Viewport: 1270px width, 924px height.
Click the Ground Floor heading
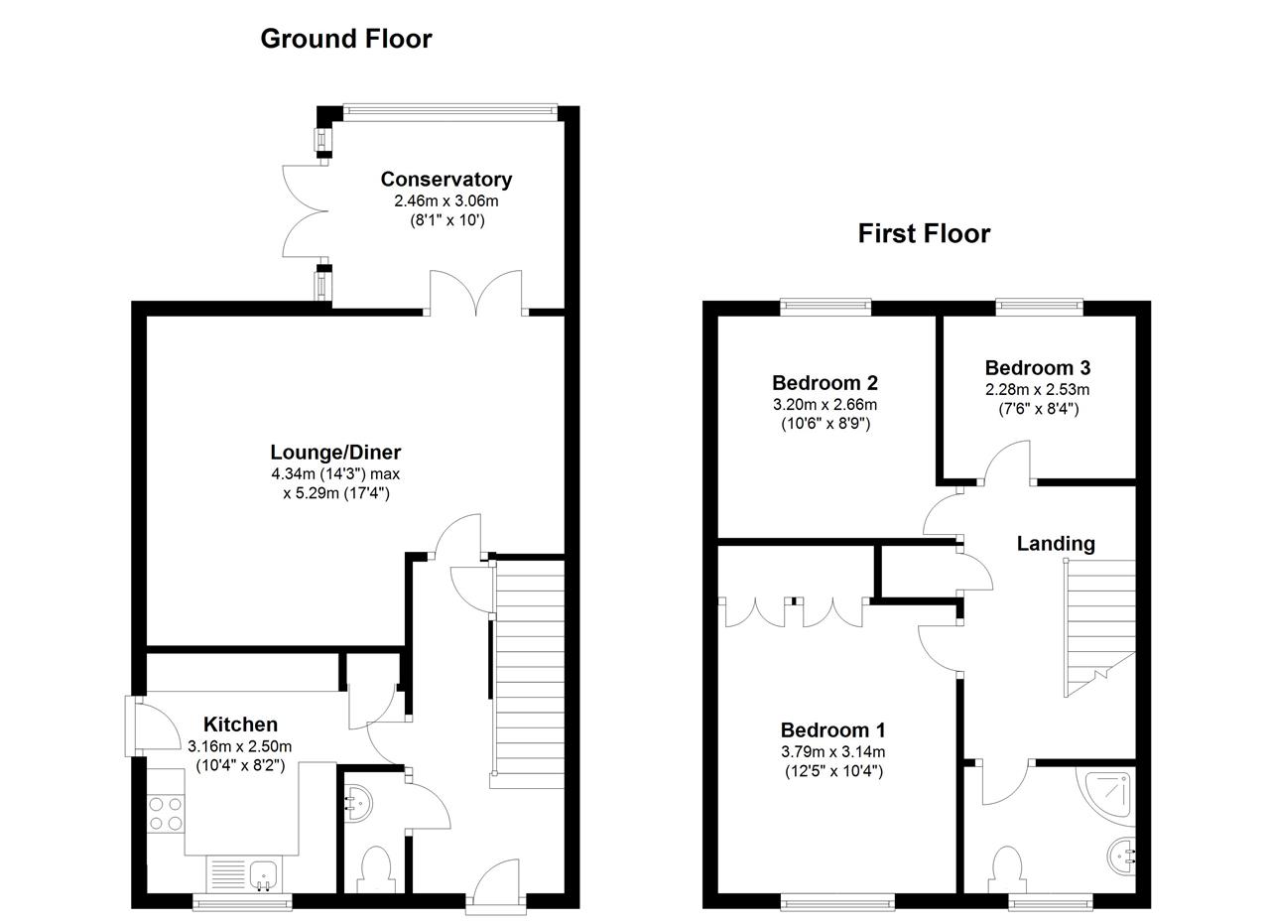pyautogui.click(x=345, y=39)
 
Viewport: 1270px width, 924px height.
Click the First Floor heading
pyautogui.click(x=924, y=233)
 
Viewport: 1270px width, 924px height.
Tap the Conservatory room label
pyautogui.click(x=446, y=180)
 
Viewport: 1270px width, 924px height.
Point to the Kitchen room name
pyautogui.click(x=240, y=725)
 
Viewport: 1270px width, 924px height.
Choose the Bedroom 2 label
pyautogui.click(x=825, y=383)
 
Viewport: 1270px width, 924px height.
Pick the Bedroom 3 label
pyautogui.click(x=1037, y=368)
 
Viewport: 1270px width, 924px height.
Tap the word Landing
pyautogui.click(x=1056, y=543)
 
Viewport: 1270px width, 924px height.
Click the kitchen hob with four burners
pyautogui.click(x=166, y=814)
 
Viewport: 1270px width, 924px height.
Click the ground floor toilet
pyautogui.click(x=376, y=867)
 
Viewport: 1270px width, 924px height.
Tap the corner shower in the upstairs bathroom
pyautogui.click(x=1109, y=795)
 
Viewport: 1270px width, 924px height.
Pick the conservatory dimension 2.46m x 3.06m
pyautogui.click(x=446, y=200)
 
